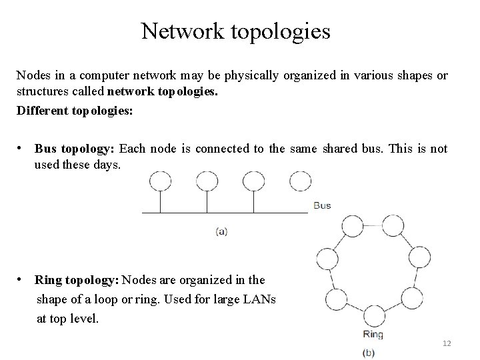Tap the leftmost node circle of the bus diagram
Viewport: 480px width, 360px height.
point(160,181)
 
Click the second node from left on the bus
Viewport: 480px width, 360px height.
point(206,181)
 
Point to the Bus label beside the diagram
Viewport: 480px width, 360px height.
point(321,205)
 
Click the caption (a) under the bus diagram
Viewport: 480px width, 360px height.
point(222,231)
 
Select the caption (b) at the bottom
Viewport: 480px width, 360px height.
point(368,351)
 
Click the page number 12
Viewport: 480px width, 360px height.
point(447,343)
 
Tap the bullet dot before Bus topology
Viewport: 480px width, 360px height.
point(22,149)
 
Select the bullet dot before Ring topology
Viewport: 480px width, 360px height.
point(22,279)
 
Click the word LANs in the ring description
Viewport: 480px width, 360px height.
point(260,299)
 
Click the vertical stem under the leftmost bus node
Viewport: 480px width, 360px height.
point(160,201)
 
